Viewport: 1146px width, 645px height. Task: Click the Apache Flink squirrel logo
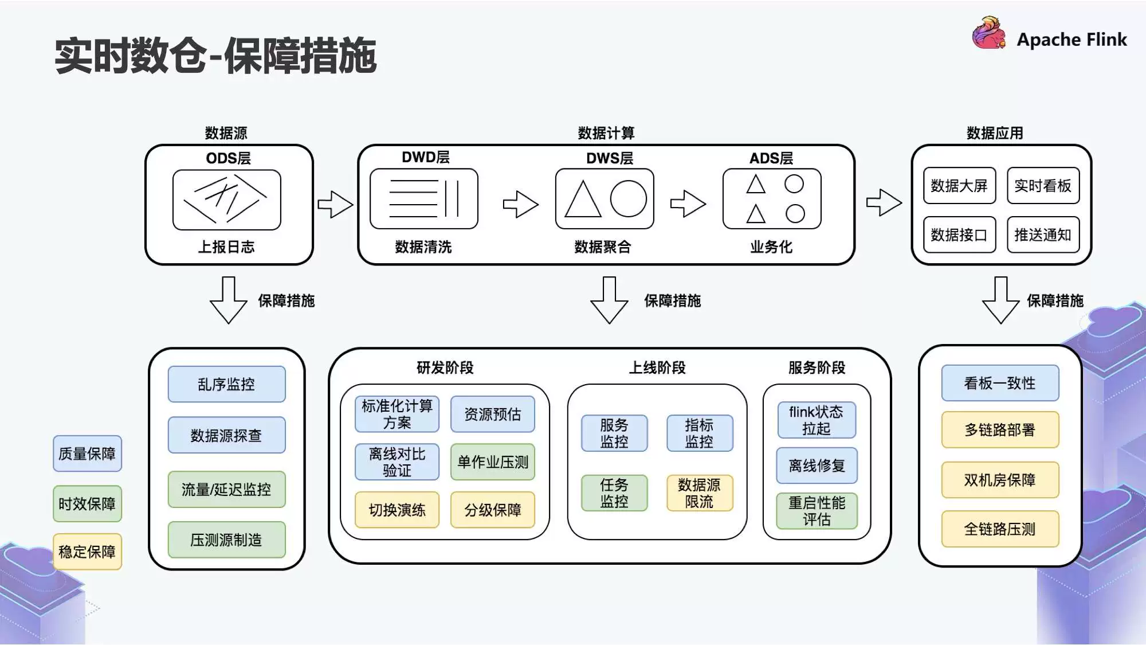988,33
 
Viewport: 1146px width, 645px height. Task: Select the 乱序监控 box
226,384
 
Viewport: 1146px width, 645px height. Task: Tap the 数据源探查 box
226,435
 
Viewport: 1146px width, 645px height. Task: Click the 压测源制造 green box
226,540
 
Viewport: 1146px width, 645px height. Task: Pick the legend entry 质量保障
87,454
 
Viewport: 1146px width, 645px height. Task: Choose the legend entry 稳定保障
87,552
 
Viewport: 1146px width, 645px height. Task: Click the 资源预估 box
492,414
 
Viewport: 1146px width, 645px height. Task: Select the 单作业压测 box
492,462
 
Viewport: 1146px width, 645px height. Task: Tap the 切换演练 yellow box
397,510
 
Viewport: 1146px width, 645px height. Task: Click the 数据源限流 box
699,493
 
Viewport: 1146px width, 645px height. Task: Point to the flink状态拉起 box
816,420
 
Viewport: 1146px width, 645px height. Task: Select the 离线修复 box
817,466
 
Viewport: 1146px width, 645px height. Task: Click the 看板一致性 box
999,383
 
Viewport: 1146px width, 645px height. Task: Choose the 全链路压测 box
999,529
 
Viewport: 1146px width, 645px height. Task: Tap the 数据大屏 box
959,186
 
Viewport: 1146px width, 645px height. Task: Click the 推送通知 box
1042,234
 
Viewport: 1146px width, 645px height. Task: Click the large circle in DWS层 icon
628,199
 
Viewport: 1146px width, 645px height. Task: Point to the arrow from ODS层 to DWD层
335,204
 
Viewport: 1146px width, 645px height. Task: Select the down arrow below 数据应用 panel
1000,300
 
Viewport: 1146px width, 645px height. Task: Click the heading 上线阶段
657,368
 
